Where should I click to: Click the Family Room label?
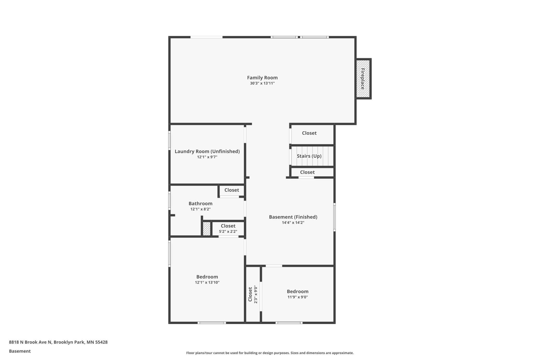point(262,78)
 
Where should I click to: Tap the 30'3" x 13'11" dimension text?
point(262,83)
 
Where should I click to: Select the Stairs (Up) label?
point(309,156)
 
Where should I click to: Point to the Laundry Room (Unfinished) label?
point(207,151)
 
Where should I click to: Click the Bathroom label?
point(200,203)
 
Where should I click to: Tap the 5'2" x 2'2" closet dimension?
point(228,231)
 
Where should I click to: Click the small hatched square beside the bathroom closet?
point(207,229)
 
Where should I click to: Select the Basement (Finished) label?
point(293,217)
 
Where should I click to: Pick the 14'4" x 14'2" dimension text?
point(293,223)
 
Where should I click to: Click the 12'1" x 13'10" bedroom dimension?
point(207,282)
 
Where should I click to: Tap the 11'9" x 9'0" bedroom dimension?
point(298,297)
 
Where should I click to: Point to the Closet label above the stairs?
point(309,133)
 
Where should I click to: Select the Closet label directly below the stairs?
point(307,172)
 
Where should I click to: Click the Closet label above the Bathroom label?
point(232,190)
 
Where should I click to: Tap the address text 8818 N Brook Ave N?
point(31,342)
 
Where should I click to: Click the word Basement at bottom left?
point(20,351)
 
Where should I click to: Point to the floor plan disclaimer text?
point(270,353)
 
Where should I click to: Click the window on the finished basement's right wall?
point(334,217)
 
